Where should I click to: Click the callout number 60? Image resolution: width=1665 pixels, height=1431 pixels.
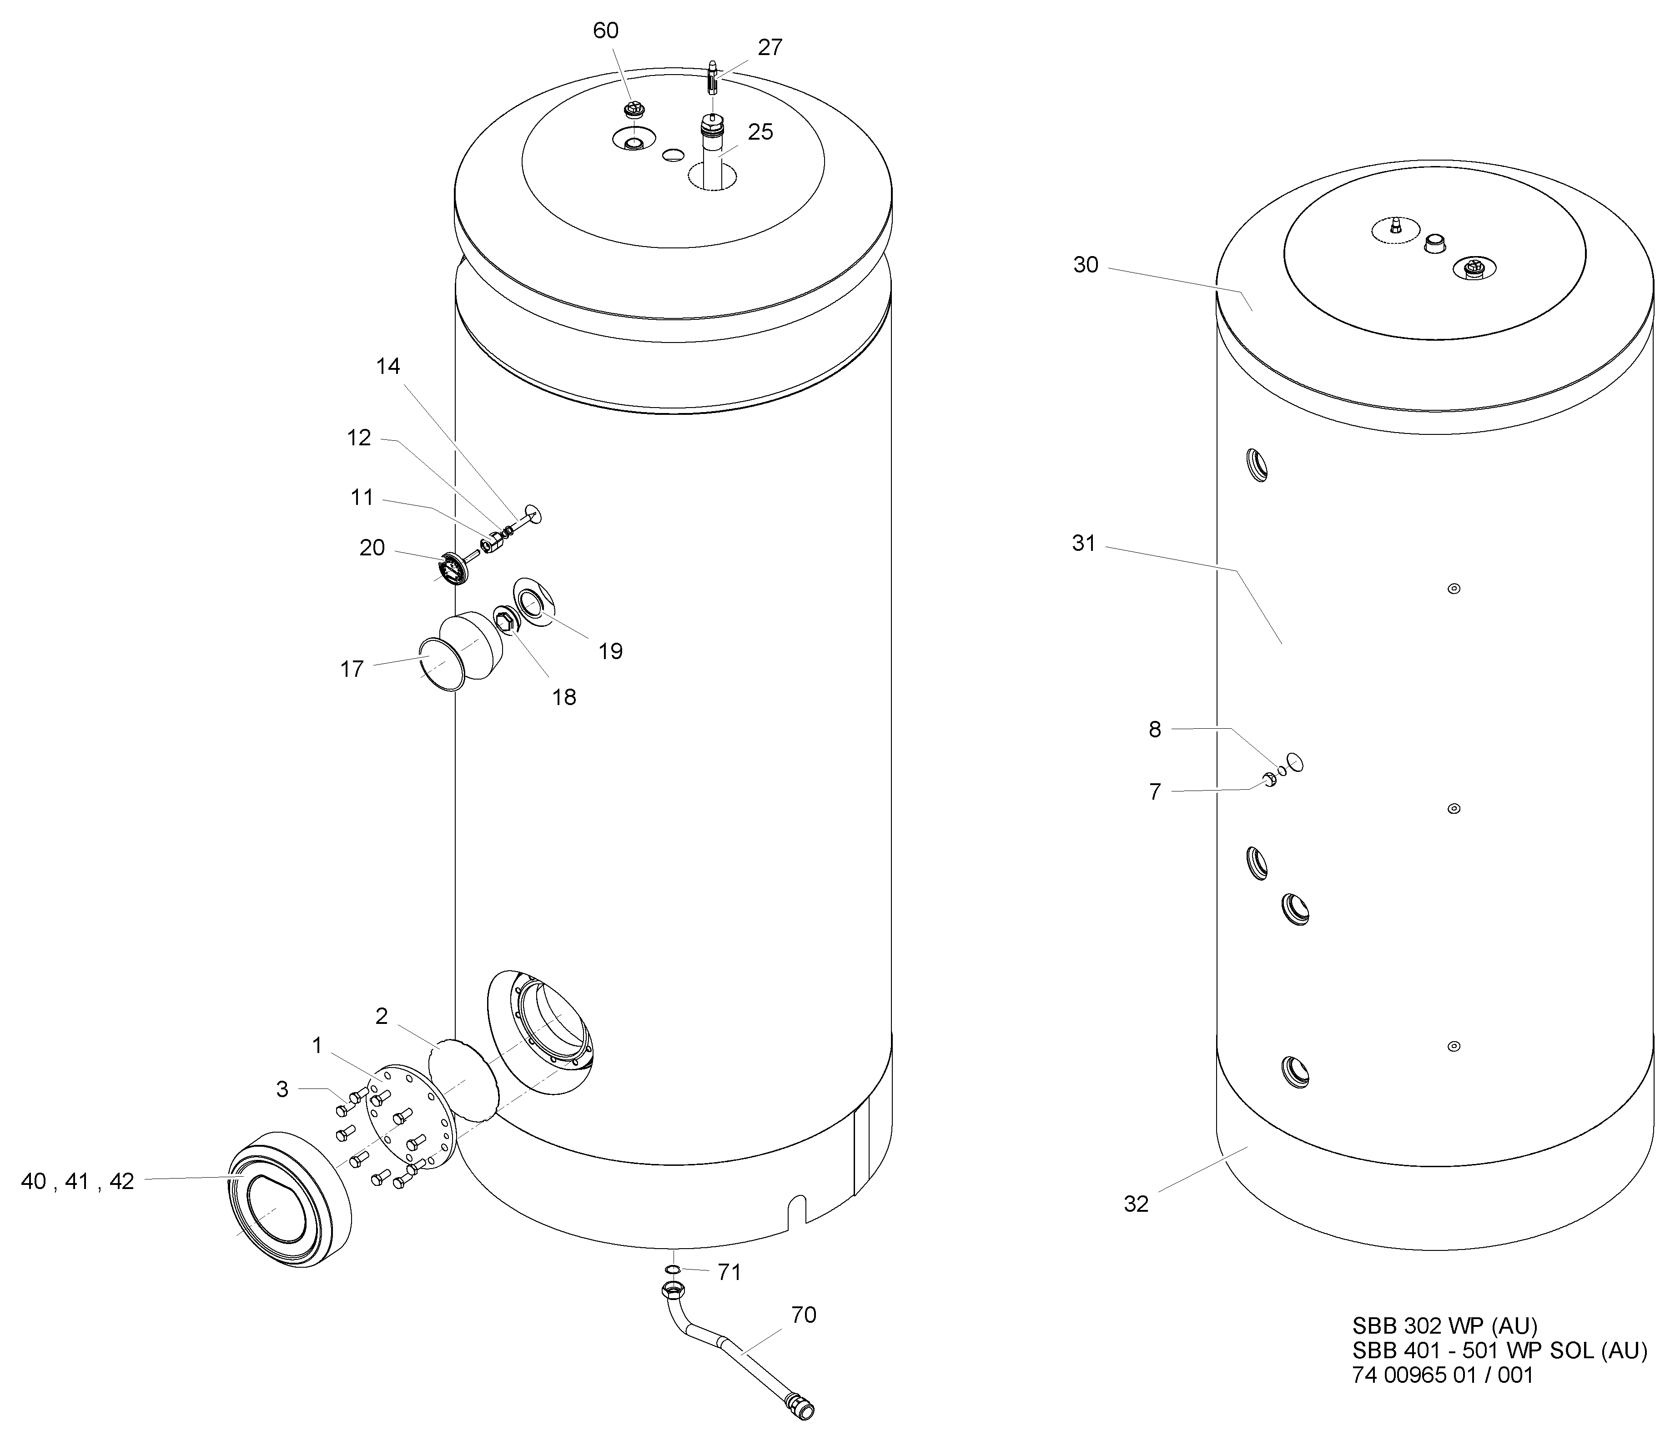pos(606,30)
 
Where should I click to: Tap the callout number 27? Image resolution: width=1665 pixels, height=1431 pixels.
pos(770,47)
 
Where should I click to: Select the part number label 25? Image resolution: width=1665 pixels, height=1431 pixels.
pos(760,132)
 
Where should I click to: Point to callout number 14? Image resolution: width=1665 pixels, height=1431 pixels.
pos(388,366)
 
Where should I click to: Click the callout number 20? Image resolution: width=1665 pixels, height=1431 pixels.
pos(372,548)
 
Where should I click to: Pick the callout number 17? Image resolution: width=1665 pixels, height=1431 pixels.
pos(352,669)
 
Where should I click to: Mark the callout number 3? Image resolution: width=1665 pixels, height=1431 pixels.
pos(282,1089)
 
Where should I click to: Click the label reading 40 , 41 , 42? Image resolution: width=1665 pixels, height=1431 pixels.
pos(77,1182)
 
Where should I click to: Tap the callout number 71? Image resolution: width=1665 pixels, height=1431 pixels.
pos(729,1273)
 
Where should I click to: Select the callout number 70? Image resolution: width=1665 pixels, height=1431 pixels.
pos(804,1315)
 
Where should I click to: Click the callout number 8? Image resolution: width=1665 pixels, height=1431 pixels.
pos(1155,730)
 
